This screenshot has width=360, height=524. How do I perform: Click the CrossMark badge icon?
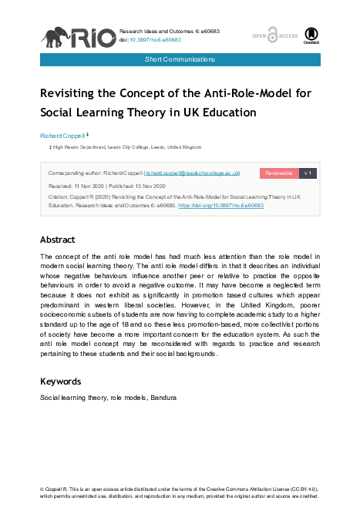coord(311,35)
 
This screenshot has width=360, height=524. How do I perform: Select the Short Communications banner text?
coord(180,59)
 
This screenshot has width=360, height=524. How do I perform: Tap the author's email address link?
coord(192,173)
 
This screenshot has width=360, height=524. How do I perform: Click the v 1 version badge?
coord(308,173)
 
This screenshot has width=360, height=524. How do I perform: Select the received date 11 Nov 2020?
coord(93,186)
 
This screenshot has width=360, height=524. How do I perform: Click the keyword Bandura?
coord(164,398)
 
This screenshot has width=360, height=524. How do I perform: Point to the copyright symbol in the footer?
coord(42,489)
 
